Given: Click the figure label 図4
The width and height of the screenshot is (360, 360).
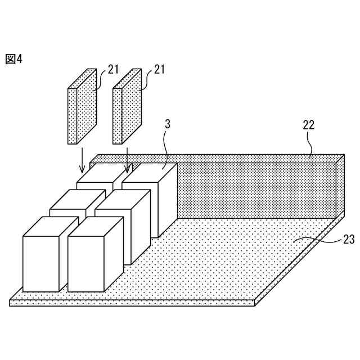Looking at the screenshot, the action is click(x=13, y=59).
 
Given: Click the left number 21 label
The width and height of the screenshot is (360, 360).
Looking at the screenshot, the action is click(x=113, y=70).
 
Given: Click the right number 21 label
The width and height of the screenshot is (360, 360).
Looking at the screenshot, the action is click(x=159, y=70).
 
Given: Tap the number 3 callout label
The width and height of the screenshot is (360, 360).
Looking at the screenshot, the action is click(x=167, y=124).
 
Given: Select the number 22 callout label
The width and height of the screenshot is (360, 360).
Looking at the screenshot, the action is click(x=308, y=125).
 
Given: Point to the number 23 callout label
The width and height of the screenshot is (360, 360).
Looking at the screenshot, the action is click(x=349, y=240).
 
